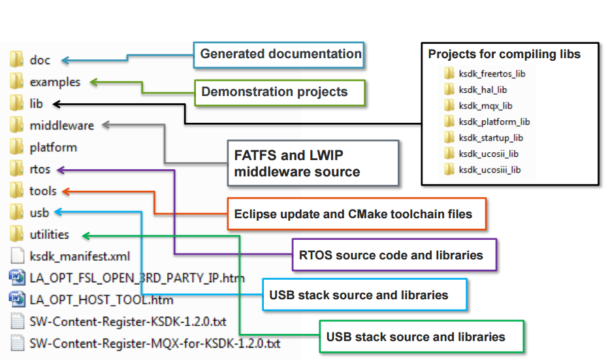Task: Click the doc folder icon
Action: pos(17,60)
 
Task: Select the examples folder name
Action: pos(55,82)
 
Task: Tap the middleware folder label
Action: pos(61,125)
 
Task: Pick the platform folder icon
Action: pos(17,147)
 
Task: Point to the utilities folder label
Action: pos(49,235)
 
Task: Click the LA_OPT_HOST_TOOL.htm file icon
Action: pos(17,300)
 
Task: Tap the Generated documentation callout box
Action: pos(280,54)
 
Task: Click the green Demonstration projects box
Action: pos(280,92)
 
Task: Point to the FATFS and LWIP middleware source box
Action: pos(312,163)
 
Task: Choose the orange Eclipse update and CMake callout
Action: pos(357,214)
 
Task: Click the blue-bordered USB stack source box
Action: pos(364,295)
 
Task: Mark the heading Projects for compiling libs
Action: pos(504,54)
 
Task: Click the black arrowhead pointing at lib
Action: pos(56,103)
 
